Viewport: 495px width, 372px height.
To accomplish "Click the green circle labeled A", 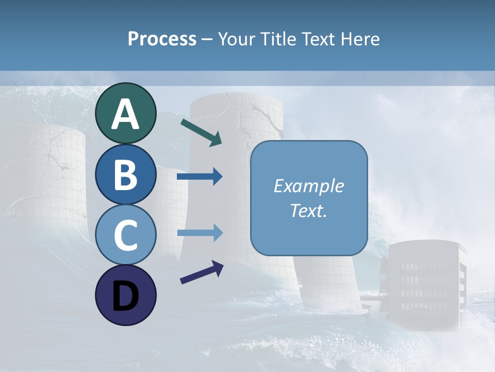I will pos(125,114).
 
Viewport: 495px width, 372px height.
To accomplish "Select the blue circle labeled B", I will pos(125,175).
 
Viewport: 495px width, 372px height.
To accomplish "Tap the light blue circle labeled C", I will pos(125,235).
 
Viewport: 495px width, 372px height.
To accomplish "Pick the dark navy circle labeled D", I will pos(125,296).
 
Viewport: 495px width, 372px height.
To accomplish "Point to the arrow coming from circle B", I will pos(200,177).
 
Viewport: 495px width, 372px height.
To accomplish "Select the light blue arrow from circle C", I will pos(200,233).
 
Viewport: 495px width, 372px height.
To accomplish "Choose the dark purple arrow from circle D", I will pos(202,272).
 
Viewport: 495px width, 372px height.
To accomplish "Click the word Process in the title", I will pos(162,39).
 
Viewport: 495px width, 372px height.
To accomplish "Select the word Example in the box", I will pos(308,186).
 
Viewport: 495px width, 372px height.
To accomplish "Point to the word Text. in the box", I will pos(308,211).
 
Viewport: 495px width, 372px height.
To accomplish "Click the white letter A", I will pos(125,115).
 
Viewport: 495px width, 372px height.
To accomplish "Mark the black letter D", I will pos(125,297).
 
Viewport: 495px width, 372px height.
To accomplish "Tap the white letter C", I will pos(125,236).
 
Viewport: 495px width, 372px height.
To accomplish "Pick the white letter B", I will pos(125,176).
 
